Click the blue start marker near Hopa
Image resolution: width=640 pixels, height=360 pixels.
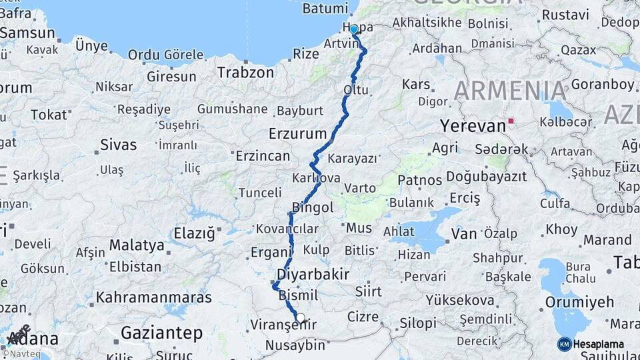[354, 29]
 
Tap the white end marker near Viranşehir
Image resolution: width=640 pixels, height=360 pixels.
[301, 318]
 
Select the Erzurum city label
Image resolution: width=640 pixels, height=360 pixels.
[297, 134]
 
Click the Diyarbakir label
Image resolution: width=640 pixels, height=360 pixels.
[312, 274]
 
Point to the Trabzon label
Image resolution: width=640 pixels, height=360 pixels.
[245, 72]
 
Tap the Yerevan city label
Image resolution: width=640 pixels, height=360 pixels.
[473, 126]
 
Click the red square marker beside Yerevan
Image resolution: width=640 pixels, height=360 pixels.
[511, 121]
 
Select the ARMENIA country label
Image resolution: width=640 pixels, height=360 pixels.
[511, 91]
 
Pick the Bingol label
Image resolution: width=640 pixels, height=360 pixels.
[313, 207]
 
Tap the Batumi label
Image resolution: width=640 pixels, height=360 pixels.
[325, 9]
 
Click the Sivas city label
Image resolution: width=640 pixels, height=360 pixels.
[118, 145]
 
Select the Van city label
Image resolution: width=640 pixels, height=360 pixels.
[464, 234]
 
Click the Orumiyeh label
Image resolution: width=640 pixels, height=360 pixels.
[579, 302]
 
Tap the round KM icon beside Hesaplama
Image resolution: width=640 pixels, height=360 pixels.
[565, 344]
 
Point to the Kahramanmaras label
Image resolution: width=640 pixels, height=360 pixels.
[153, 297]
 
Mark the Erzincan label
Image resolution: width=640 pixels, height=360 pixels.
[263, 156]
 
